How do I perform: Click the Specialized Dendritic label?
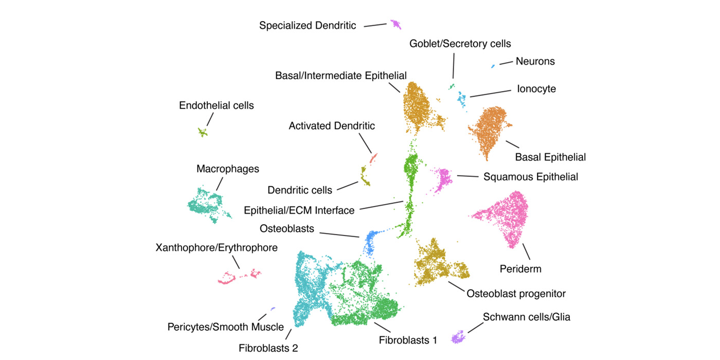pos(308,25)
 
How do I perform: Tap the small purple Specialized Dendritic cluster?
pos(395,24)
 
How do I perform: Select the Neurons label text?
pos(535,61)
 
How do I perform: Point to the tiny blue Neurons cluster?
pos(493,66)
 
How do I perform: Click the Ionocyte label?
pos(536,89)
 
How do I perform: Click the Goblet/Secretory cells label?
pos(460,44)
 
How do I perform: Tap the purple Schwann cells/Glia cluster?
pos(457,337)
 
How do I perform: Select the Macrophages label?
pos(227,169)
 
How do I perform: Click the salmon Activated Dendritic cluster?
pos(373,156)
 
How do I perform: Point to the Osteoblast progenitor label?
pos(516,294)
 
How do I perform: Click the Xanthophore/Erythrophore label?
pos(217,248)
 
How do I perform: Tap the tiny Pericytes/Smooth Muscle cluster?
pos(273,309)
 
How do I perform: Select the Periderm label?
pos(520,268)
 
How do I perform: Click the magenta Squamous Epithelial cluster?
pos(442,179)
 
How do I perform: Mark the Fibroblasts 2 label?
pos(268,348)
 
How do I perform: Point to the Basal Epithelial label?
pos(550,157)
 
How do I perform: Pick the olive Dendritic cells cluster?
pos(365,179)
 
